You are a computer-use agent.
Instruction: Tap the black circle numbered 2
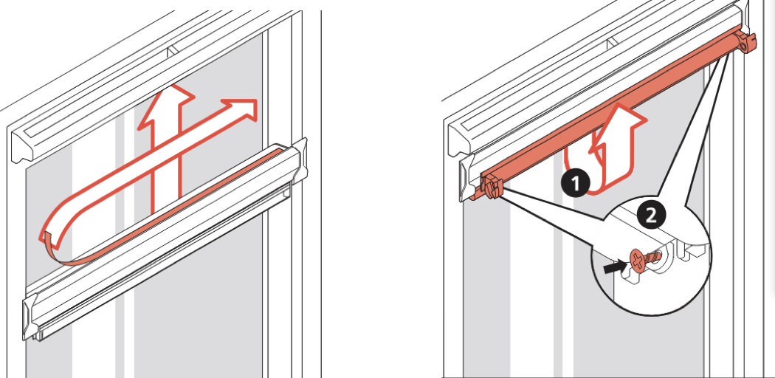click(x=650, y=215)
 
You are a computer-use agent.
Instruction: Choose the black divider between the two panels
click(x=384, y=189)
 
